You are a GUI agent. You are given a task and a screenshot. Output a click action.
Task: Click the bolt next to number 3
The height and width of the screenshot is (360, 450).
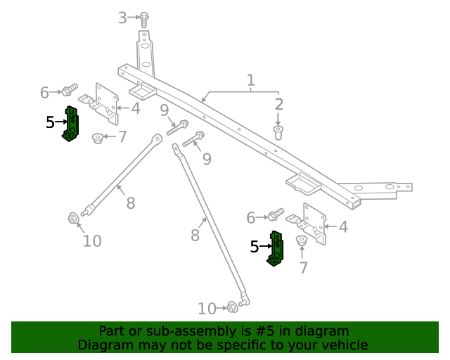click(x=144, y=19)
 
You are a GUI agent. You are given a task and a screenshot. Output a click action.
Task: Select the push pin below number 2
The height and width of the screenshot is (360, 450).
click(x=279, y=132)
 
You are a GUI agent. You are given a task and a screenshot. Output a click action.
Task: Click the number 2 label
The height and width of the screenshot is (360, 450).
click(x=279, y=105)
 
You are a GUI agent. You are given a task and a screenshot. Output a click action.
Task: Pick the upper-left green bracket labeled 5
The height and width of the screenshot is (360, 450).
click(x=72, y=124)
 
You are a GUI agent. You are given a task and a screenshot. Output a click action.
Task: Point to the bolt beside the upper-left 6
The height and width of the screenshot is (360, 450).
click(x=68, y=90)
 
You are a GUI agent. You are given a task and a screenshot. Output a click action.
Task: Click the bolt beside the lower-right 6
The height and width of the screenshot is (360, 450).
click(x=275, y=214)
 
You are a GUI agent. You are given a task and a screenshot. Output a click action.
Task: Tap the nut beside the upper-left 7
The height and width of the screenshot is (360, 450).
click(x=98, y=137)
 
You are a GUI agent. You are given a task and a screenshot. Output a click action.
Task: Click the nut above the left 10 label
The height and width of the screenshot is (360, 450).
click(x=72, y=219)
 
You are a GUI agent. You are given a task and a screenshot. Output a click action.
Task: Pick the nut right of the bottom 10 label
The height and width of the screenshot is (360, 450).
click(x=232, y=307)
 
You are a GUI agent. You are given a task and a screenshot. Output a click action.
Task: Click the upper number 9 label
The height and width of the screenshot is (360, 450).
click(x=163, y=110)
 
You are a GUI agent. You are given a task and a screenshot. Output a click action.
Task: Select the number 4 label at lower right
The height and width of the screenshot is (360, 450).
click(x=342, y=227)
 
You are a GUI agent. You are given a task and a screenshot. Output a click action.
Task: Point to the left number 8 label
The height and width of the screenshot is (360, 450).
click(x=130, y=204)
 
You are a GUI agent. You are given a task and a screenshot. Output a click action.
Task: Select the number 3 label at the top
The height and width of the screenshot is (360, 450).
click(x=122, y=18)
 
